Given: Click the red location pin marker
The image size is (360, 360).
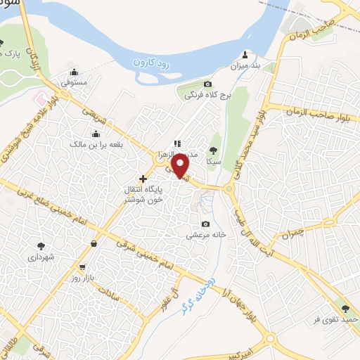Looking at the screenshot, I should tap(181, 166).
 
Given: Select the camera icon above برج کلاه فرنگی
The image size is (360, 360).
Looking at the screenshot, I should tap(207, 84).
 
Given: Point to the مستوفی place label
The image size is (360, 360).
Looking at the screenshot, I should tap(74, 82).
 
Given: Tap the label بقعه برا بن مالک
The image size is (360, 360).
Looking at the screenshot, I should tap(95, 144).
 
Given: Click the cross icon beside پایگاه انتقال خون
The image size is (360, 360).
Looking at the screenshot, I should tap(144, 179).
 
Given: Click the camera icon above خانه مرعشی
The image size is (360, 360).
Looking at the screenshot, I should tap(205, 224).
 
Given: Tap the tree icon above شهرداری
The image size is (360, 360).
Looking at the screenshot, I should tap(41, 246).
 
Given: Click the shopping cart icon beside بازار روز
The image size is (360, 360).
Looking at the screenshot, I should tap(83, 268).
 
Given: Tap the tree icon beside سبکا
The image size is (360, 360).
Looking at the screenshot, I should tap(214, 150).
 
